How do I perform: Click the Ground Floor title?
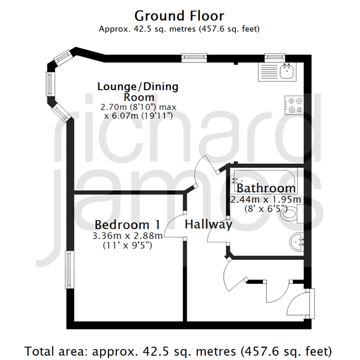coord(179,16)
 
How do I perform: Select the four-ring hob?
coord(294,105)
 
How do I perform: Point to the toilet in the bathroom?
coord(292,214)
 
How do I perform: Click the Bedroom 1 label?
coord(127,224)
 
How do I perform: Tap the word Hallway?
coord(208,224)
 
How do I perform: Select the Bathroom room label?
coord(266,188)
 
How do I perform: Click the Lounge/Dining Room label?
coord(138,92)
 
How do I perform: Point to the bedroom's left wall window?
coord(70,269)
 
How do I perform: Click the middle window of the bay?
coord(50,84)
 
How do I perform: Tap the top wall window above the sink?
coord(275,58)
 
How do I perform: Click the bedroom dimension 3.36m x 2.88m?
coord(127,236)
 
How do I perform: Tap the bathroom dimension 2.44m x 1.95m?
coord(266,200)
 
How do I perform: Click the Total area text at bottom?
coord(178,351)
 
